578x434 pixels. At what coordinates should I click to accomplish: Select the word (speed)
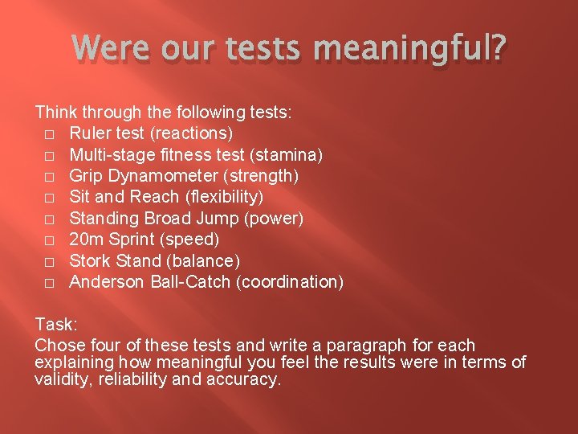[190, 239]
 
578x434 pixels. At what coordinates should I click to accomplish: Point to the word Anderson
[104, 282]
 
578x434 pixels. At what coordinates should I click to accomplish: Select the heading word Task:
[55, 325]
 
